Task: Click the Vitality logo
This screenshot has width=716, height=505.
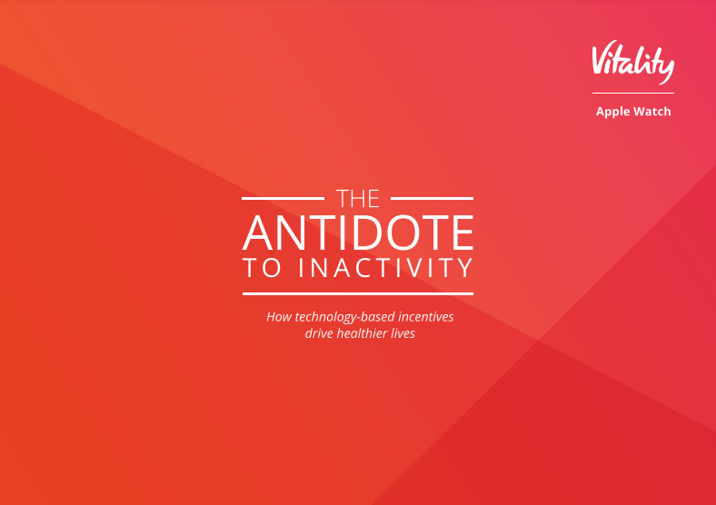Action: [x=633, y=62]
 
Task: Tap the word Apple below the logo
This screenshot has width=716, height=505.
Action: [x=612, y=112]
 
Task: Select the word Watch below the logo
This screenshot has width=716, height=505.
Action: [x=651, y=112]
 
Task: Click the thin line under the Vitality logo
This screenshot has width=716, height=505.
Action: [x=633, y=94]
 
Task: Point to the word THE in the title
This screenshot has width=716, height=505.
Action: [x=357, y=199]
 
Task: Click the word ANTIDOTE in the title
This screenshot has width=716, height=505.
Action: [x=358, y=233]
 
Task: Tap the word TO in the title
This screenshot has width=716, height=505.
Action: [x=262, y=268]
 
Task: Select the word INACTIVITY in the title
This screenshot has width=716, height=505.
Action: [x=386, y=268]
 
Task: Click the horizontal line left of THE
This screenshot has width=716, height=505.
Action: [x=283, y=199]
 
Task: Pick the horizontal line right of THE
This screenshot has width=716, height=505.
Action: [x=432, y=199]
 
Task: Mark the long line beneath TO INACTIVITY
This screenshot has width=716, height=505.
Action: [x=357, y=293]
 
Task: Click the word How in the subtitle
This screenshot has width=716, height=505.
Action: [x=279, y=317]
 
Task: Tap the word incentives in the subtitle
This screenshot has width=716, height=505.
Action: [x=426, y=317]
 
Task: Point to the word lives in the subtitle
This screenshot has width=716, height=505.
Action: [x=403, y=333]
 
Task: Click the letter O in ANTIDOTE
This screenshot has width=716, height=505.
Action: [x=403, y=233]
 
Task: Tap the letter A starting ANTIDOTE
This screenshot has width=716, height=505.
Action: [x=258, y=233]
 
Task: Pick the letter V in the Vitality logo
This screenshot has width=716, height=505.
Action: [x=602, y=59]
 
